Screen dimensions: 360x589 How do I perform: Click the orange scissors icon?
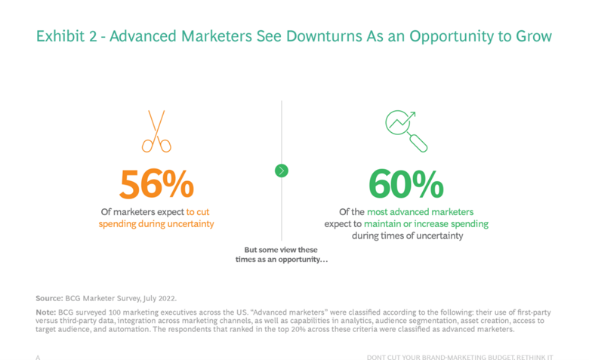click(x=156, y=131)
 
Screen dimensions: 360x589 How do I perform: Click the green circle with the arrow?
click(x=282, y=171)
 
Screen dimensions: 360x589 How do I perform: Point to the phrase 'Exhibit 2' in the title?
click(x=67, y=36)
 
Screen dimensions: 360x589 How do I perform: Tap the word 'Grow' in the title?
click(x=533, y=36)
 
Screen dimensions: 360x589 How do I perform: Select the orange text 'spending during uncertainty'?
click(x=156, y=224)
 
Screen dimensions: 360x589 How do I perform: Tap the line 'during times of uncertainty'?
click(x=406, y=236)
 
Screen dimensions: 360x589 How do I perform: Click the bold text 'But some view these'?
click(x=281, y=250)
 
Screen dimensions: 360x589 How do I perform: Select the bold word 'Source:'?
click(x=49, y=298)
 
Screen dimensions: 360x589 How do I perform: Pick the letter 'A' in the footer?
click(x=38, y=357)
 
